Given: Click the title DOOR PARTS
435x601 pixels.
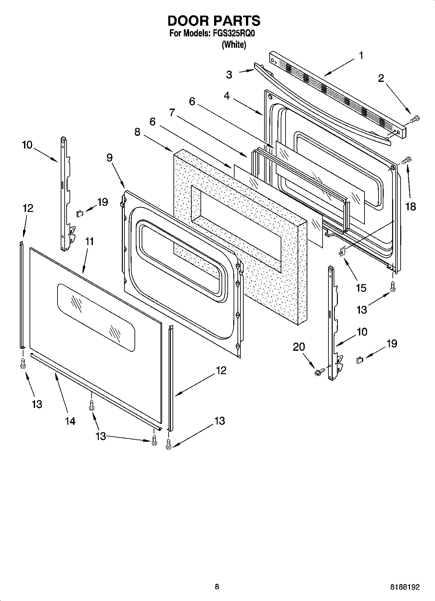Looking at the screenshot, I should point(214,21).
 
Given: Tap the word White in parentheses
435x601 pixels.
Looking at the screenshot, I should point(234,45).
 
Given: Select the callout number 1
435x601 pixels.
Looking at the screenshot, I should point(361,56).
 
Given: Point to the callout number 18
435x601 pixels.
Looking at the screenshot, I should point(411,206).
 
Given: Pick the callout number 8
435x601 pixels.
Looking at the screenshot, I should point(137,132).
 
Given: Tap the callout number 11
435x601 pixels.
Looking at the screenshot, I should point(89,241).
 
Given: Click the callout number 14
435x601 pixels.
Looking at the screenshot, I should point(70,421).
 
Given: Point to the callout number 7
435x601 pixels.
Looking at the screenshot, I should point(172,112).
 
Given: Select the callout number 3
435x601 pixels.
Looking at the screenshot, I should point(229,74).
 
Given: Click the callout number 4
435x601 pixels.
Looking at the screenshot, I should point(227,96).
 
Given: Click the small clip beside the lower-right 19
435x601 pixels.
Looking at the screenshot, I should point(359,360).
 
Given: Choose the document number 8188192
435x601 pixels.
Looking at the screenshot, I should point(404,587).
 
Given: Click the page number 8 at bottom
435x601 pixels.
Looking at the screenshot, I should point(217,587).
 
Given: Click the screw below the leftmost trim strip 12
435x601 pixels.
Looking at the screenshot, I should point(23,363).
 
